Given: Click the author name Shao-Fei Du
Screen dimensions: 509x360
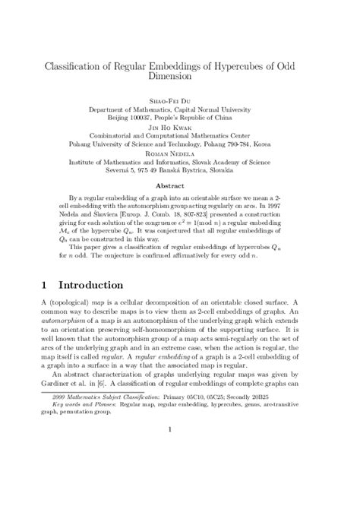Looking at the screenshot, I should pos(179,99).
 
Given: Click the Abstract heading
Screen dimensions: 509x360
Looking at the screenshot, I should pos(179,185).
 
